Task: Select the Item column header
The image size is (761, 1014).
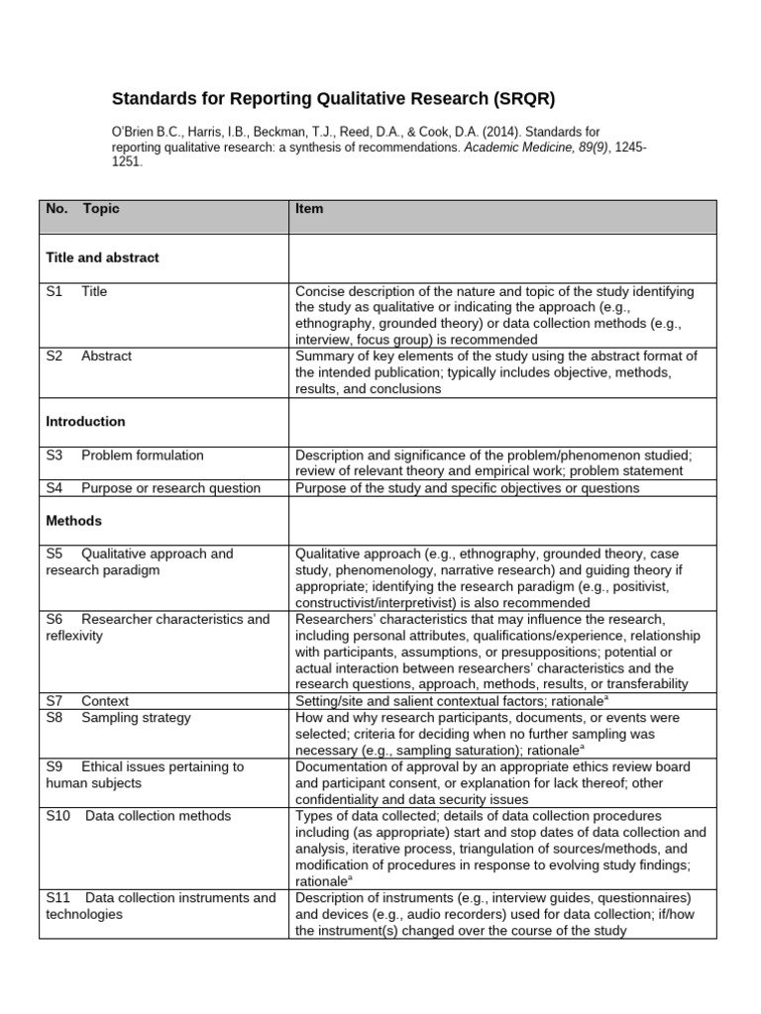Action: tap(309, 210)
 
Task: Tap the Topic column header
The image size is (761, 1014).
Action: tap(101, 210)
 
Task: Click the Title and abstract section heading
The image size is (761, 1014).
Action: tap(103, 257)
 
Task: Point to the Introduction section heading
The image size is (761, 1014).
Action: tap(86, 422)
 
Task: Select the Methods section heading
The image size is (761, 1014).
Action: tap(74, 521)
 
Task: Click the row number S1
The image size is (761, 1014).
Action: tap(54, 292)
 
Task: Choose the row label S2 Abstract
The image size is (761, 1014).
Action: tap(88, 356)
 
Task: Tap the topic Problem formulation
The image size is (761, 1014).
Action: tap(143, 456)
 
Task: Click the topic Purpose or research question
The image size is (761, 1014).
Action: tap(170, 488)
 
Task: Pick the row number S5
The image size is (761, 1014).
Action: tap(54, 555)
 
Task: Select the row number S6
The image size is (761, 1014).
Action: tap(54, 620)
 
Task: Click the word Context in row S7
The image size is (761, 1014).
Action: tap(105, 701)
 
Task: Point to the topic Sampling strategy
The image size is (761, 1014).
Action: tap(136, 718)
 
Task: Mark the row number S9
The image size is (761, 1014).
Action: tap(54, 767)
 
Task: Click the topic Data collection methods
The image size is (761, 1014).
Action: tap(158, 816)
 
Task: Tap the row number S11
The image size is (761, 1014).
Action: tap(57, 898)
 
